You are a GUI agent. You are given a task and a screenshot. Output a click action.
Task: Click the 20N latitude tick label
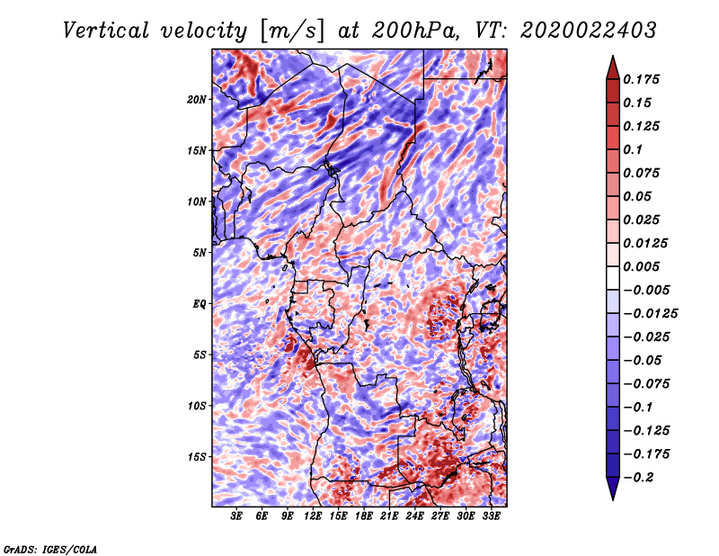[197, 99]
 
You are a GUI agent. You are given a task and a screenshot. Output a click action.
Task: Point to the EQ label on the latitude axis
[199, 303]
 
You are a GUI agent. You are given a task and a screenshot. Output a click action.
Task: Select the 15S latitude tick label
[197, 456]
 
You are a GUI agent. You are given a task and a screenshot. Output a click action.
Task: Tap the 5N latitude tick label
[199, 252]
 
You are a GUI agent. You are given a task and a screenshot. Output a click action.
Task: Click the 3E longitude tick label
[236, 517]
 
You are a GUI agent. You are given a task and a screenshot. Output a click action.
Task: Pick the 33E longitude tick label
[491, 517]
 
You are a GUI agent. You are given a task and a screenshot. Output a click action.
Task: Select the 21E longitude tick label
[389, 517]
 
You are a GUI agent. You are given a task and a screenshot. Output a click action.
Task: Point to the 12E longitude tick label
[313, 517]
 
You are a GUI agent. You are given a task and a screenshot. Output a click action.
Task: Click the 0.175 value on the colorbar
[644, 79]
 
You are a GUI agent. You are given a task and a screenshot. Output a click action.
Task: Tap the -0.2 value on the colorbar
[641, 477]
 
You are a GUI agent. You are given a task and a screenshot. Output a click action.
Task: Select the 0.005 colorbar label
[644, 266]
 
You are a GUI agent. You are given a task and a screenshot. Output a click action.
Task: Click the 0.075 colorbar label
[644, 173]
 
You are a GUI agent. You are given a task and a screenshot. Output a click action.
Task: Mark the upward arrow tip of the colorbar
[611, 58]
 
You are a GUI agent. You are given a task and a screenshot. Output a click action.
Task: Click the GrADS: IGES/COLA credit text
[50, 548]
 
